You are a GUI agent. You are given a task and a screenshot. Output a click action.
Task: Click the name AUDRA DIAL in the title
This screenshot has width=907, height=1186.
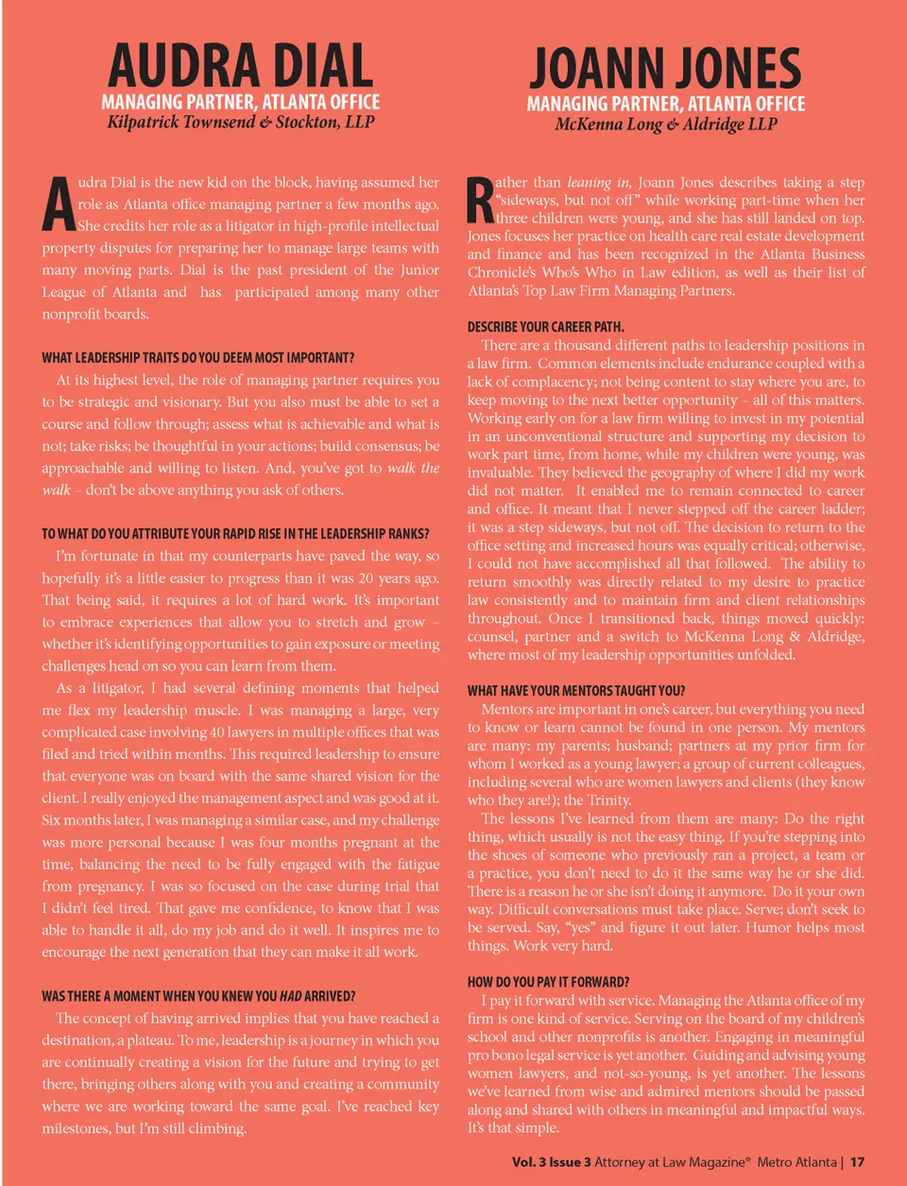pos(241,65)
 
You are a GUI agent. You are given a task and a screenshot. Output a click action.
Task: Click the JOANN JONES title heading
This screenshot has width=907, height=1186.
pos(665,68)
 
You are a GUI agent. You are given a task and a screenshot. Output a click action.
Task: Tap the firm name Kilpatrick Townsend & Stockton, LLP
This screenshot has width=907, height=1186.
pos(241,122)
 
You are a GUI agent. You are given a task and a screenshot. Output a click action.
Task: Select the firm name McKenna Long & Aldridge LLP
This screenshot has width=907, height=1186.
pos(665,124)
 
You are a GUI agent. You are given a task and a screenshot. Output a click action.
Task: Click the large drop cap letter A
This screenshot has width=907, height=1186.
pos(59,204)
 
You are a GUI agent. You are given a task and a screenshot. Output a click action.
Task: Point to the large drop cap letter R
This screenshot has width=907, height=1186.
pos(480,201)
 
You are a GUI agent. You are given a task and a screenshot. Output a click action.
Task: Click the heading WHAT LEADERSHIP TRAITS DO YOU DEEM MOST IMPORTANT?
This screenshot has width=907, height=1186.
pos(198,358)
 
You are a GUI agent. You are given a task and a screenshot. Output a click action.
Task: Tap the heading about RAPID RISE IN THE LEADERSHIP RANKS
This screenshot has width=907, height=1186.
pos(235,534)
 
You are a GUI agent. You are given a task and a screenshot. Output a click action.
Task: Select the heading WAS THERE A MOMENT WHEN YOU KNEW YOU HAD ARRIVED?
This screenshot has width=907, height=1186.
pos(198,996)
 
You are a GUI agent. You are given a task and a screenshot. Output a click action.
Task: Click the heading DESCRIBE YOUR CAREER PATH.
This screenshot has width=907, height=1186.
pos(545,327)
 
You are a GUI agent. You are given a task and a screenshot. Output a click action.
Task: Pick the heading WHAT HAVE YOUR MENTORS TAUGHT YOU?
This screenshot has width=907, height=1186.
pos(576,691)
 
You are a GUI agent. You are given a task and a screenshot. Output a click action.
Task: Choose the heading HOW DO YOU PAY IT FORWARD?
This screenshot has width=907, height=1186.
pos(548,982)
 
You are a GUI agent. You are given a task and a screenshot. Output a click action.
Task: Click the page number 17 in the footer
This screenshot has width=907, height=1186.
pos(857,1161)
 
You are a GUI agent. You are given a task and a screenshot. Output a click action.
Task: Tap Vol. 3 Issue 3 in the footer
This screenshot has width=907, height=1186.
pos(551,1161)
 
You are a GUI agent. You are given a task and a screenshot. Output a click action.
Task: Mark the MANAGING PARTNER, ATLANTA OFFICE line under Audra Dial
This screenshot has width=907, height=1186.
pos(241,101)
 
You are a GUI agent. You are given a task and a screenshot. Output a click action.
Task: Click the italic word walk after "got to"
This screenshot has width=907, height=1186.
pos(401,469)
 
